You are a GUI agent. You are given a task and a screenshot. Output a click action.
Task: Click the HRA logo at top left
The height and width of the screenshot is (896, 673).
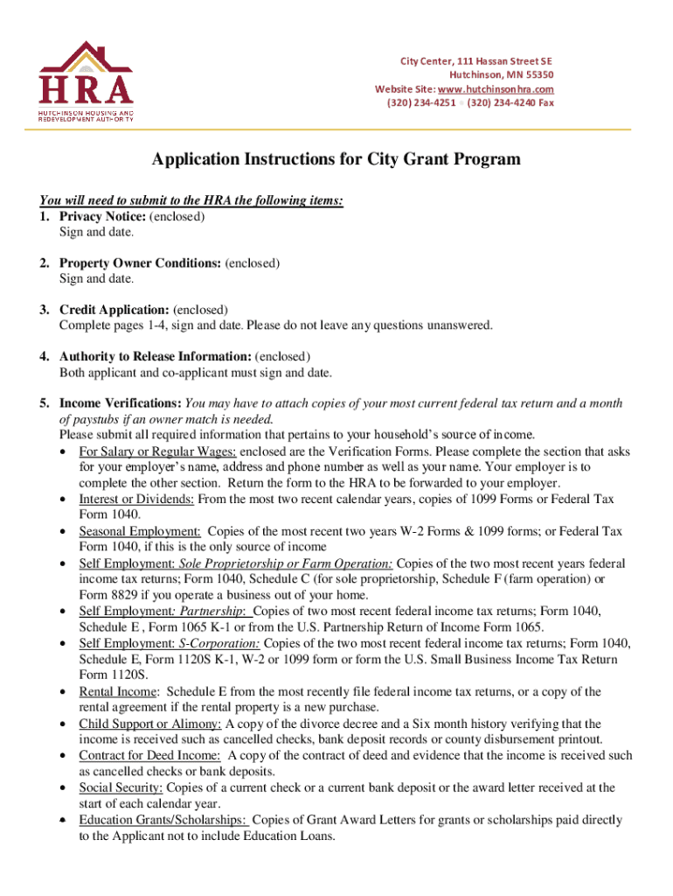(85, 80)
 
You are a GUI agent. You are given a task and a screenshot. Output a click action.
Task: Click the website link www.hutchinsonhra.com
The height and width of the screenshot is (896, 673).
(496, 89)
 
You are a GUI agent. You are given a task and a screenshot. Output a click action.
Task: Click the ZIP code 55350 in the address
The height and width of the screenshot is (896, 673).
(535, 75)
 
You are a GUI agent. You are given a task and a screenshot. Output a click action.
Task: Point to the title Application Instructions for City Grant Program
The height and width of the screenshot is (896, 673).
(336, 159)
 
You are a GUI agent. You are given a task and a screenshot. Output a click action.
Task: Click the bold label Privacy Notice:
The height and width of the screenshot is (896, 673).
(103, 216)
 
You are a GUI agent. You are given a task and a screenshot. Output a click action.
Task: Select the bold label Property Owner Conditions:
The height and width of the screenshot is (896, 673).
(140, 262)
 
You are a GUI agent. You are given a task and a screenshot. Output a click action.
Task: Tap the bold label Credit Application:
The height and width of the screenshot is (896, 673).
(114, 310)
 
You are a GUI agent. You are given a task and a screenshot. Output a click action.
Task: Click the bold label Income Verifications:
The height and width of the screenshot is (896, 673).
(121, 403)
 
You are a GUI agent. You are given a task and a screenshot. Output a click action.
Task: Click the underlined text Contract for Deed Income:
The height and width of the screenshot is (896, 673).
(149, 755)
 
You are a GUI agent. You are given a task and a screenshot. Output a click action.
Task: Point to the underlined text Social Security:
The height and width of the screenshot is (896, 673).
(121, 787)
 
